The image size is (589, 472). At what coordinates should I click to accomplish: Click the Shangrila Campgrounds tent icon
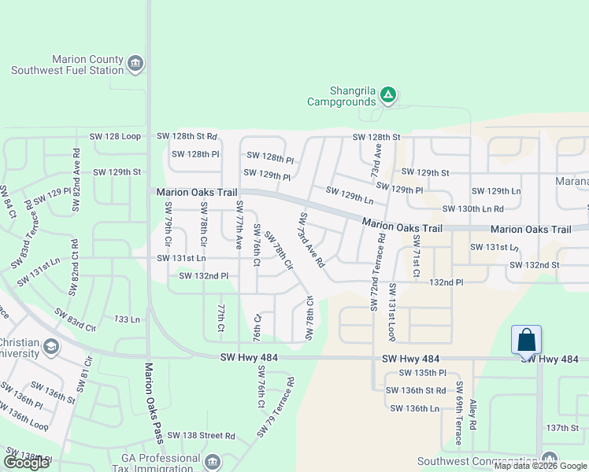(387, 95)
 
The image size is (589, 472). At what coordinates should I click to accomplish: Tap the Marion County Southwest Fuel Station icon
(135, 64)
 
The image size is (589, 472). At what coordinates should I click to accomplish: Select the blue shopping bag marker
(526, 341)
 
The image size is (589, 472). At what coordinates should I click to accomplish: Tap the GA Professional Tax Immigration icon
(212, 461)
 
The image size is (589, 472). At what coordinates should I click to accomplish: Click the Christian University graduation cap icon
(51, 347)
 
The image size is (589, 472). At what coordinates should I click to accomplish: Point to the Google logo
(26, 463)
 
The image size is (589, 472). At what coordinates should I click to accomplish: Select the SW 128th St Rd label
(186, 137)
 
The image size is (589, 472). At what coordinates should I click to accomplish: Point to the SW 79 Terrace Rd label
(276, 408)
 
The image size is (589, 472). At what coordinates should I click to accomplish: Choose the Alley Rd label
(472, 415)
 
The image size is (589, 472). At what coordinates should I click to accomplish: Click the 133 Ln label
(127, 319)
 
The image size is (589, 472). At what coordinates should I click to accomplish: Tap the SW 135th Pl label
(422, 373)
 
